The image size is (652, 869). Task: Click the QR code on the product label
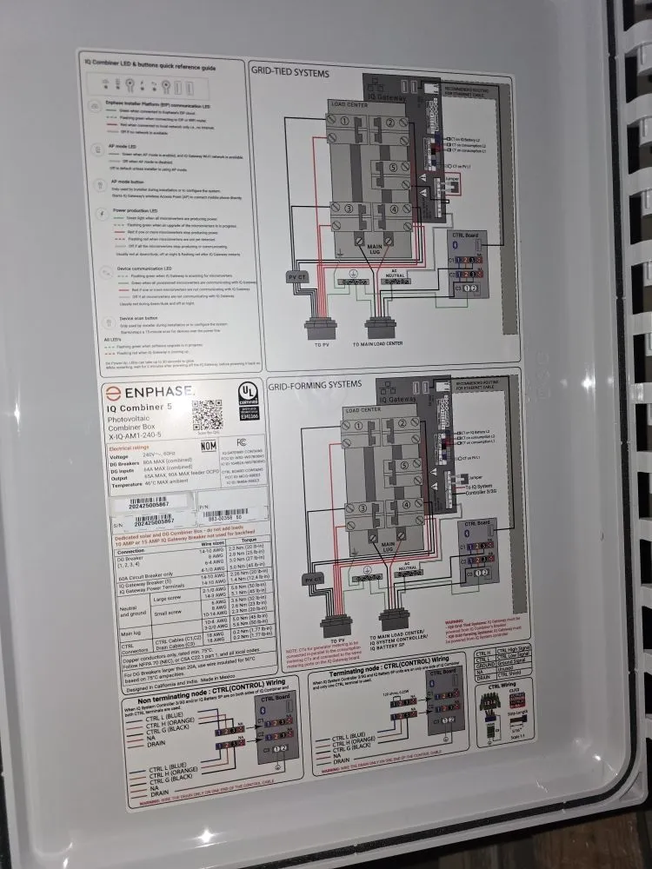208,415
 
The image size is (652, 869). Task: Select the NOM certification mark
210,445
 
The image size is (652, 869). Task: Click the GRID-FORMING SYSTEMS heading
314,383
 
